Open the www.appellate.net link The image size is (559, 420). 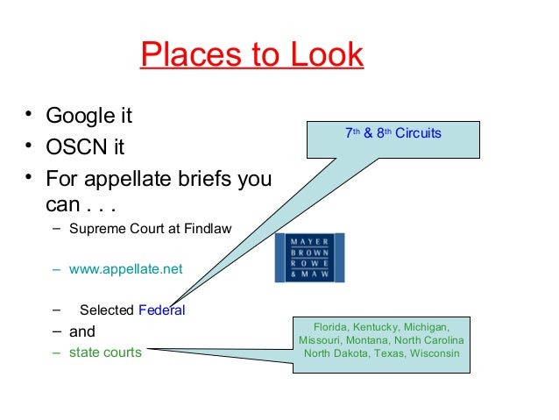[126, 269]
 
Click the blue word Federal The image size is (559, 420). [162, 310]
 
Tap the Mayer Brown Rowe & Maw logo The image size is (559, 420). [309, 258]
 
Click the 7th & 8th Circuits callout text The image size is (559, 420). [393, 134]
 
